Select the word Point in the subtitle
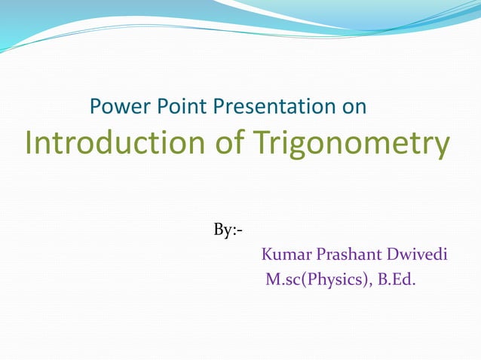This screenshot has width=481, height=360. [179, 107]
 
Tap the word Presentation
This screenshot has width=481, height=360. [276, 107]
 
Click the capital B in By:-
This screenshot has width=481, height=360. [219, 230]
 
